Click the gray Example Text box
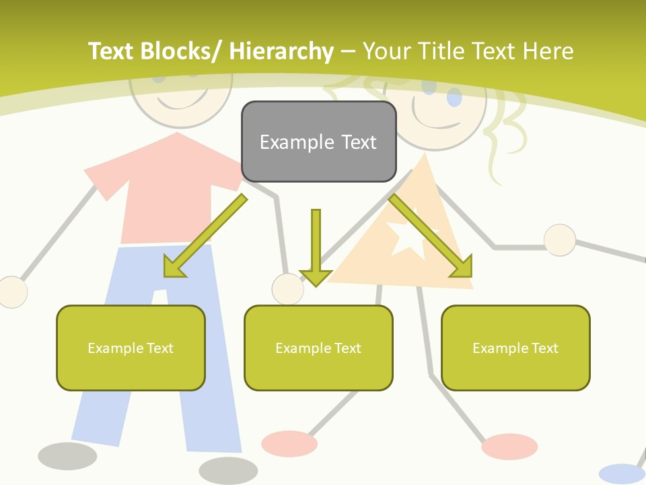(x=318, y=142)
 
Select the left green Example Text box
(x=131, y=348)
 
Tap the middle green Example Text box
(x=318, y=348)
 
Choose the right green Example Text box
(x=515, y=348)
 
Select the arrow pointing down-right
(x=431, y=236)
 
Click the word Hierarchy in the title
(x=281, y=51)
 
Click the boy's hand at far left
(x=12, y=292)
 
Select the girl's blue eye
(x=455, y=99)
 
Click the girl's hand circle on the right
(x=559, y=240)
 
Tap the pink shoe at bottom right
(x=509, y=446)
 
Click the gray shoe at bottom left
(x=67, y=456)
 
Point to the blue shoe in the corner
(x=621, y=474)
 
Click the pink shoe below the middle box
(x=289, y=443)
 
